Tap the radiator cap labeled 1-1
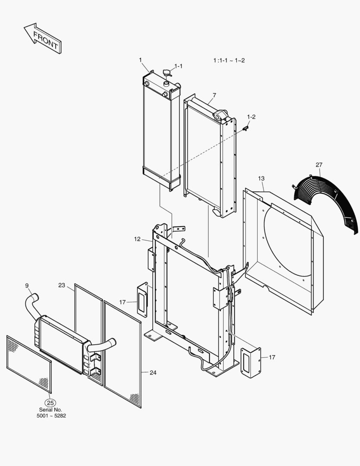pos(166,73)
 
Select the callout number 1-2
pos(251,117)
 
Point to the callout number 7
pos(214,95)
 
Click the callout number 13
pos(261,178)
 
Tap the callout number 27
pos(319,165)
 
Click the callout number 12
pos(137,239)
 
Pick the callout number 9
pos(27,285)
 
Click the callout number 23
pos(62,285)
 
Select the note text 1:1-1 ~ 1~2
pos(229,60)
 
